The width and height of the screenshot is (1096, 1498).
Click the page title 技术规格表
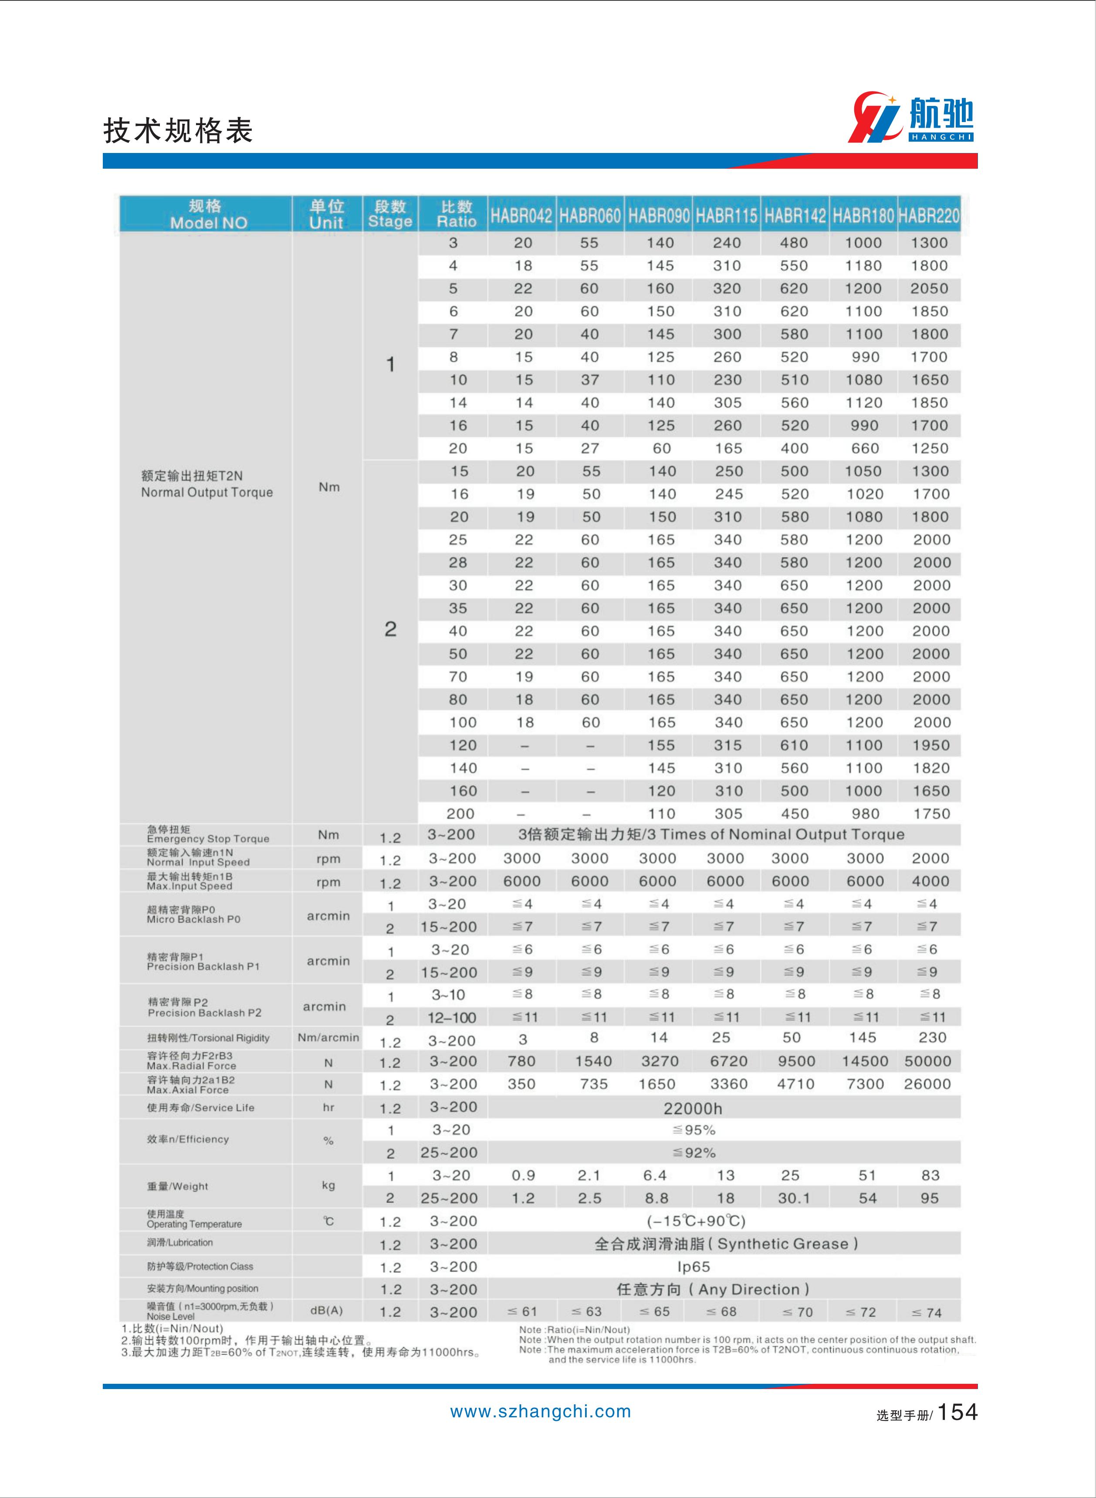pyautogui.click(x=178, y=131)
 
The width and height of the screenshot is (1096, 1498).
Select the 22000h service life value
pyautogui.click(x=693, y=1108)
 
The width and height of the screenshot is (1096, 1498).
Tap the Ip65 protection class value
pyautogui.click(x=693, y=1267)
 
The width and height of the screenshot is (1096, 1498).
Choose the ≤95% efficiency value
pyautogui.click(x=694, y=1130)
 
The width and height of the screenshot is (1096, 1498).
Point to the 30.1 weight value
pyautogui.click(x=794, y=1198)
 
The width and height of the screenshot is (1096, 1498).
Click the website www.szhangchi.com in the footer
pyautogui.click(x=540, y=1412)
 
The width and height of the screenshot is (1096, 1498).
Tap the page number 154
pyautogui.click(x=958, y=1412)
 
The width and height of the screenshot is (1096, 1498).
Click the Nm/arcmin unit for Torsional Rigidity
pyautogui.click(x=328, y=1037)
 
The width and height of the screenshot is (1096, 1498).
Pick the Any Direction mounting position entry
pyautogui.click(x=713, y=1289)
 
